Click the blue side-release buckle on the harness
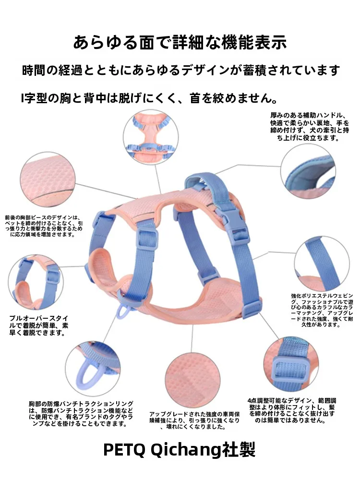pos(233,224)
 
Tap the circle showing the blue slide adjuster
pos(291,364)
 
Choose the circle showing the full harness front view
pos(151,137)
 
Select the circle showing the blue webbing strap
pos(322,264)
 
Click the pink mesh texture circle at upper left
pos(48,180)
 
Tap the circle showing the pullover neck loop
pos(36,282)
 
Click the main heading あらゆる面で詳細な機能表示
pos(180,42)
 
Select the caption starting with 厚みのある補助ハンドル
pos(310,126)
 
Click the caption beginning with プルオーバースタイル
pos(38,325)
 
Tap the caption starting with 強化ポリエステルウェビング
pos(322,310)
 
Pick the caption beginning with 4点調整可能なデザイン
pos(291,410)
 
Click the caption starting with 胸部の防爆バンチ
pos(81,414)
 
